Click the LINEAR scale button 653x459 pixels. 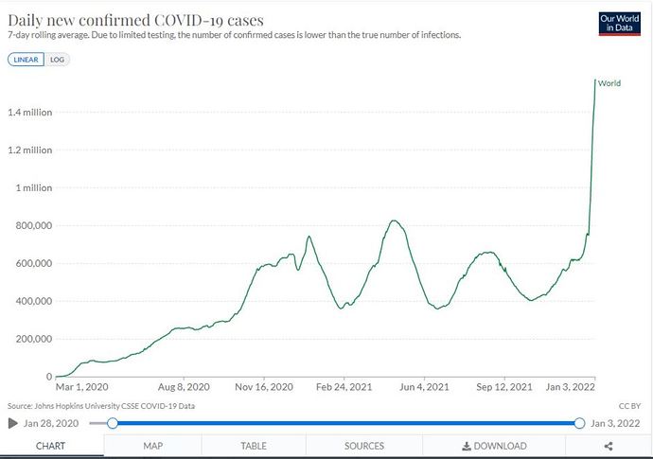click(26, 59)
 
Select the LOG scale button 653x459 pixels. click(57, 59)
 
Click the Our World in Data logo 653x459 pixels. click(620, 23)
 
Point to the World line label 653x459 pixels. click(609, 83)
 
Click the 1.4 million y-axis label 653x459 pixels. click(30, 113)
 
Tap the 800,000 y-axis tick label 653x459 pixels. click(34, 225)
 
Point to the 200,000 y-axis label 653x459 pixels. click(34, 339)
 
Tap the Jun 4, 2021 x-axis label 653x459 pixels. click(425, 387)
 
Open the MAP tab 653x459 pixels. click(153, 446)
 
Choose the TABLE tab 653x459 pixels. click(254, 446)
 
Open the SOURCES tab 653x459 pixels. click(364, 446)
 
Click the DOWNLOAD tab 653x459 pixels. click(494, 446)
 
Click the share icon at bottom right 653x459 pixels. click(608, 446)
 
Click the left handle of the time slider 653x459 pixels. click(112, 423)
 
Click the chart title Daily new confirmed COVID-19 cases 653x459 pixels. click(135, 19)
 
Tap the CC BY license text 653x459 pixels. click(629, 404)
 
